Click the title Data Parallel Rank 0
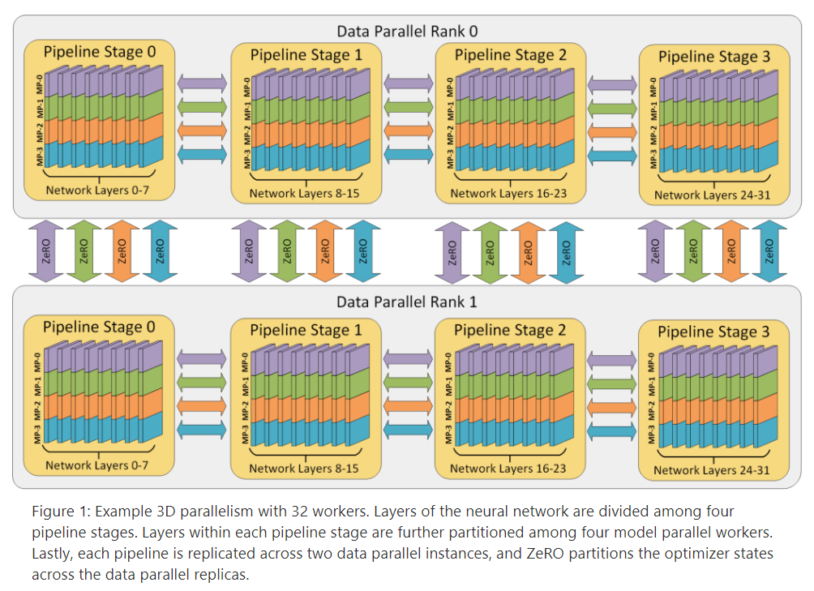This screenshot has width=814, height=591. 406,32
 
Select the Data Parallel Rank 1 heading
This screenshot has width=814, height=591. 406,302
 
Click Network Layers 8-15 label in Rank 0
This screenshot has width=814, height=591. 304,193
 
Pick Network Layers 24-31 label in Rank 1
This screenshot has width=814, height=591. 711,469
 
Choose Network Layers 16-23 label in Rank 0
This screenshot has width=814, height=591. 508,193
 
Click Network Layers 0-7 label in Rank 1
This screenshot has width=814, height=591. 96,465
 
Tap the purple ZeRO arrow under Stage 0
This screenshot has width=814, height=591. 45,251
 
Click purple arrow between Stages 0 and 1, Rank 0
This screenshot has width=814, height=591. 202,82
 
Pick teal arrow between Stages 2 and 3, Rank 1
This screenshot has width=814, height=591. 612,429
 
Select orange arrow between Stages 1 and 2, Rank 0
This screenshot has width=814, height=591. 408,130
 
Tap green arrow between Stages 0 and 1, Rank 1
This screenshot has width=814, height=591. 202,381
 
